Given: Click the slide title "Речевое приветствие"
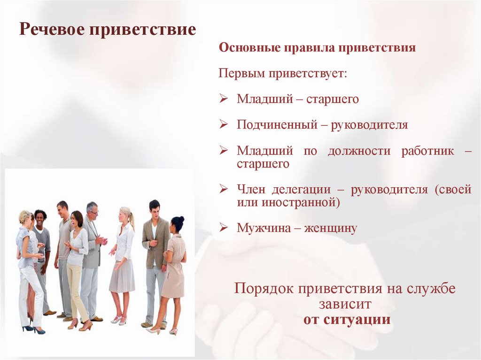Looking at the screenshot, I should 108,30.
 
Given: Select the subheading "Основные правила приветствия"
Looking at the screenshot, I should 318,48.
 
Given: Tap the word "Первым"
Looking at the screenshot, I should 242,74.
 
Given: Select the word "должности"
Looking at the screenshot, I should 359,151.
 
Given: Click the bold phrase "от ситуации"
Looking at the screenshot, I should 347,320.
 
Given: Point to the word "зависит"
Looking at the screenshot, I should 346,304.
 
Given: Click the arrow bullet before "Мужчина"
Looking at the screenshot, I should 224,228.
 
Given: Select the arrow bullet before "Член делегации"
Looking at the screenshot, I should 224,189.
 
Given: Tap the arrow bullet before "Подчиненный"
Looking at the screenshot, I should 224,124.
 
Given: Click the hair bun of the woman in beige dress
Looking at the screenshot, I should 180,219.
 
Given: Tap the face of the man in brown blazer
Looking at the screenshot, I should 154,209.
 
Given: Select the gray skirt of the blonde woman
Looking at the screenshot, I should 122,276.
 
